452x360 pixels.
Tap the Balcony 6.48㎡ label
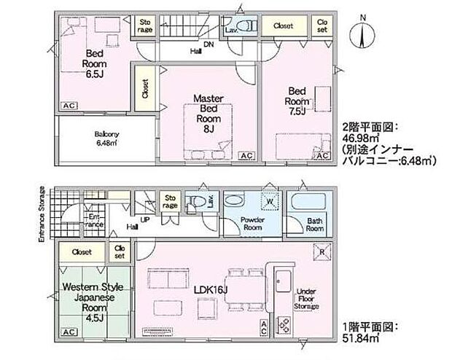click(x=106, y=138)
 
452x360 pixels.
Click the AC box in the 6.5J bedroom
click(x=69, y=106)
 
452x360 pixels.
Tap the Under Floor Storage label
click(x=307, y=300)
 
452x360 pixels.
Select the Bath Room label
click(x=315, y=224)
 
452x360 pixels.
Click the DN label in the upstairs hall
click(x=209, y=44)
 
